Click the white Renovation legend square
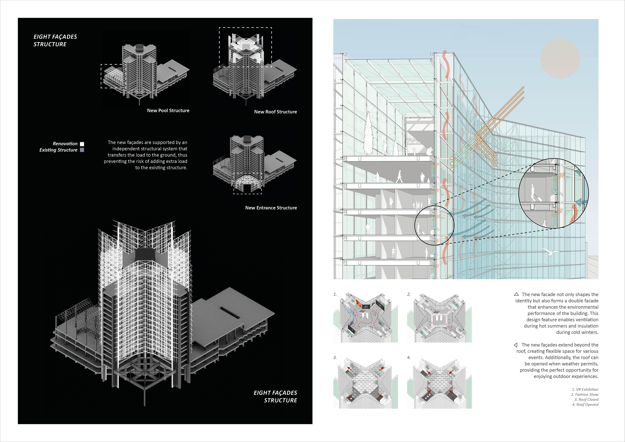pyautogui.click(x=82, y=144)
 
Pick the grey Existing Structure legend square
pyautogui.click(x=82, y=150)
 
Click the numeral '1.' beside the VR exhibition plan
pyautogui.click(x=335, y=294)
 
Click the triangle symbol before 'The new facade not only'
pyautogui.click(x=516, y=294)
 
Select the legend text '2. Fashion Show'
pyautogui.click(x=585, y=394)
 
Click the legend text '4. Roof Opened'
pyautogui.click(x=585, y=404)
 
